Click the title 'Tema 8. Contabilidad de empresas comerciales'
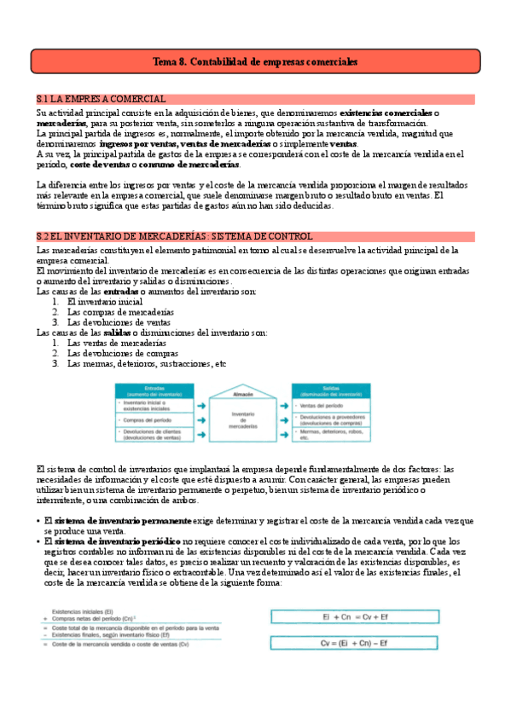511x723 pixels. coord(255,62)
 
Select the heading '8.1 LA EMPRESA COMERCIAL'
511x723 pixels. coord(102,100)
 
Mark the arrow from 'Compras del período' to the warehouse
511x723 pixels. coord(202,420)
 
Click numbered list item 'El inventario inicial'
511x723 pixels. coord(107,302)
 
